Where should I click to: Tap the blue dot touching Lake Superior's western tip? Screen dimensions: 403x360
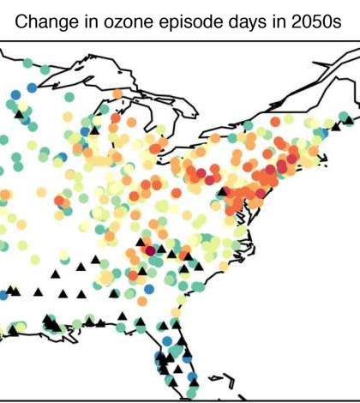[33, 87]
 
